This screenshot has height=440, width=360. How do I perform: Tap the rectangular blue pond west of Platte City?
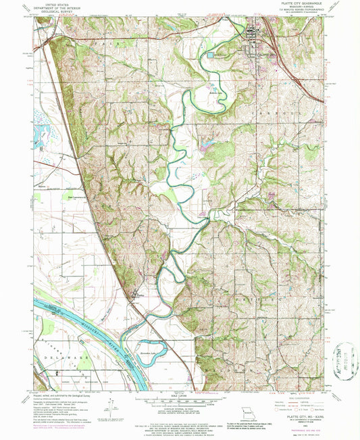[211, 55]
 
